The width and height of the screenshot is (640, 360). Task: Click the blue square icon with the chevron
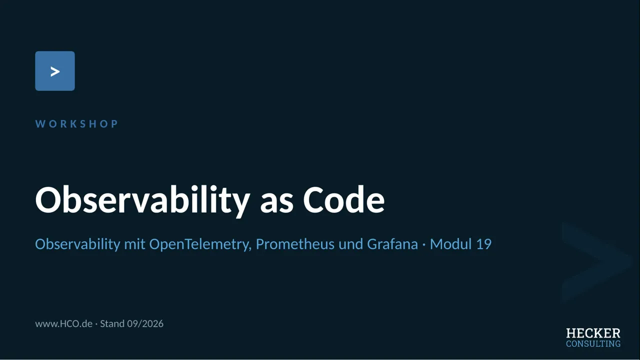click(x=55, y=71)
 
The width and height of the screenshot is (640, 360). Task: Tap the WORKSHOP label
click(x=76, y=123)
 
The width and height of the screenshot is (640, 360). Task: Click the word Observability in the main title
click(x=142, y=200)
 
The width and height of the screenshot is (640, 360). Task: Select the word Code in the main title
click(x=343, y=199)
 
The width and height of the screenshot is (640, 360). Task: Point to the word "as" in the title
click(x=276, y=203)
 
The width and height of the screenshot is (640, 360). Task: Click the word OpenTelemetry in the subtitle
click(x=200, y=244)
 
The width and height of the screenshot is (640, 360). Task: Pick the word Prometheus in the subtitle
click(x=295, y=244)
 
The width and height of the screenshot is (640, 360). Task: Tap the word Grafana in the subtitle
click(x=392, y=244)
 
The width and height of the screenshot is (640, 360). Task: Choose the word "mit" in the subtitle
click(x=134, y=244)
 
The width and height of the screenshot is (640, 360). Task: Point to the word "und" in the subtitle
click(x=350, y=244)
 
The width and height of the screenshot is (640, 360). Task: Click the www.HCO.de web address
click(x=63, y=323)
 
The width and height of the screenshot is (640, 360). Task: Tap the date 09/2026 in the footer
click(x=145, y=323)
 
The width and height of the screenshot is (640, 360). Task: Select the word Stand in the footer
click(x=112, y=323)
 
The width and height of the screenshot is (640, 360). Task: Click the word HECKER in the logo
click(x=593, y=333)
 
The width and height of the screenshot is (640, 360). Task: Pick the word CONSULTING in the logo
click(x=593, y=343)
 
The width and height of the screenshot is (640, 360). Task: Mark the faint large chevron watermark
click(x=597, y=261)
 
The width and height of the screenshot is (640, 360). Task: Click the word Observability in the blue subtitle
click(x=77, y=244)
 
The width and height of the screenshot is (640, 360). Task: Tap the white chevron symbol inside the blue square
click(x=55, y=71)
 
